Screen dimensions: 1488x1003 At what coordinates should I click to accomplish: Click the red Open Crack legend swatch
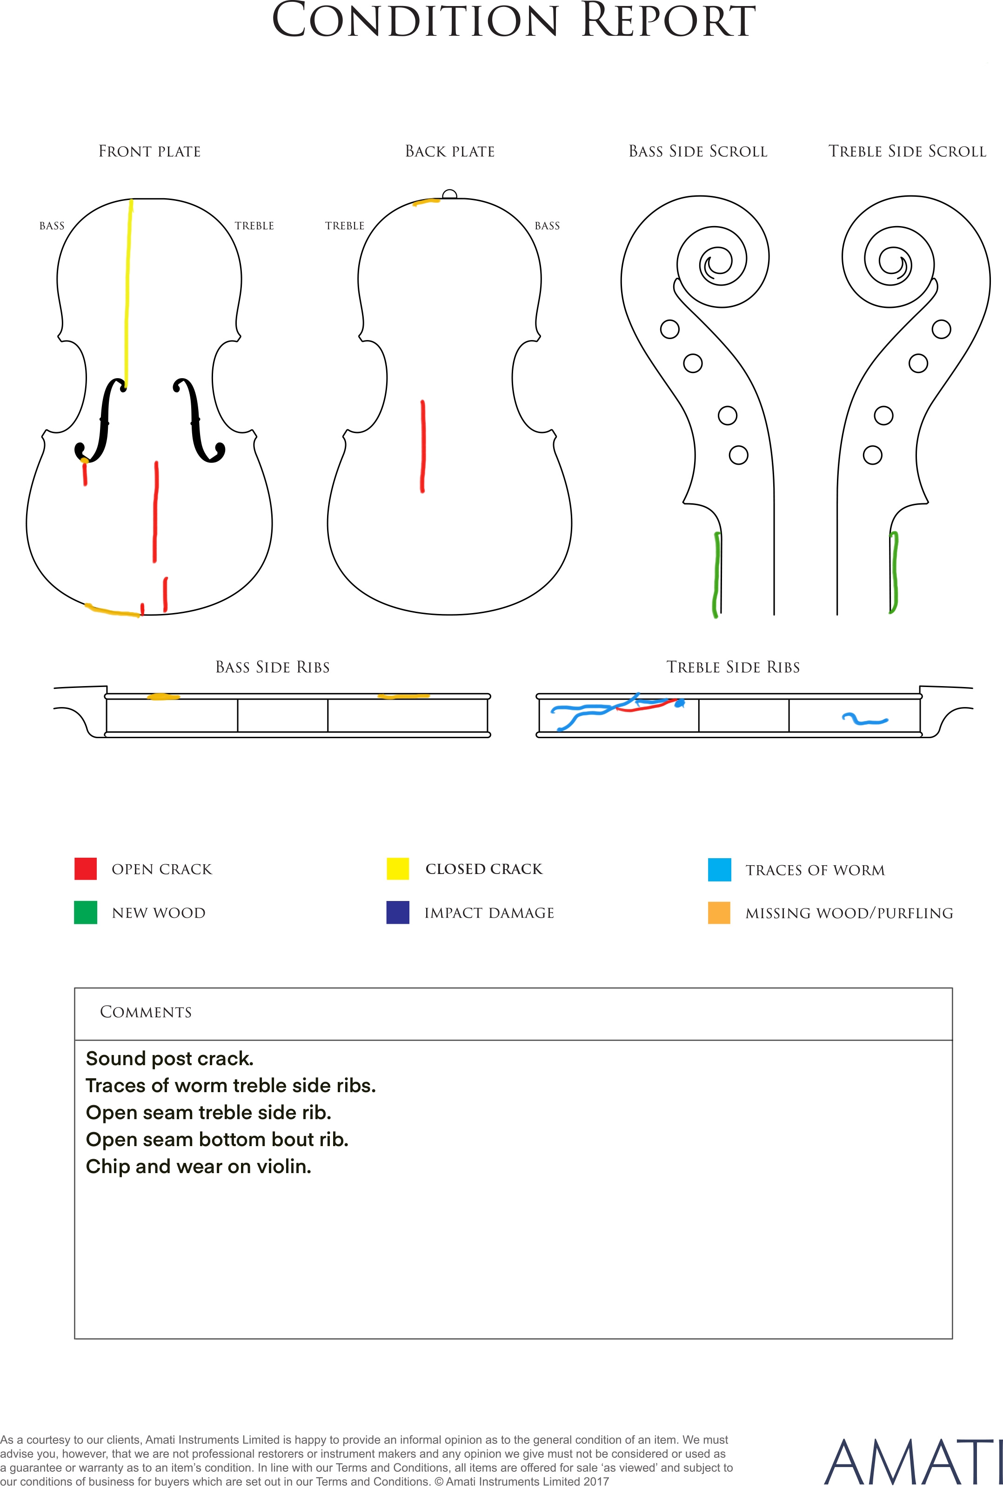(86, 868)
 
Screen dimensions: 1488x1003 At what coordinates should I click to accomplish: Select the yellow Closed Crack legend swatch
(397, 868)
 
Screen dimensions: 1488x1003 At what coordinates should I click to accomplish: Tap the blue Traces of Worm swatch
(719, 870)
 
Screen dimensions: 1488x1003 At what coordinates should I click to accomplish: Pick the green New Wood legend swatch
(86, 913)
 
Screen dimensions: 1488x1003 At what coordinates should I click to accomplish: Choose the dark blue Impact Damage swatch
(397, 913)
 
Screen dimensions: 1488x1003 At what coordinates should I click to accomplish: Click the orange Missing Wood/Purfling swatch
(719, 913)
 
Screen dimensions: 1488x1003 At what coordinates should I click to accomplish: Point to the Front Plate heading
(150, 152)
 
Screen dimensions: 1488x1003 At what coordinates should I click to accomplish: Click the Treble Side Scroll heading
(907, 152)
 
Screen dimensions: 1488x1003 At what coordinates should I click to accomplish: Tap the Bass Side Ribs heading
(273, 667)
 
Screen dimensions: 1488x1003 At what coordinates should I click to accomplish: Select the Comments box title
(146, 1012)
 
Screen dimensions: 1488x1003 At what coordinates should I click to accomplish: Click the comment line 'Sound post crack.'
(169, 1058)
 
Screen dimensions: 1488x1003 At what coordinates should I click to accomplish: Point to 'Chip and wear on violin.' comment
(198, 1167)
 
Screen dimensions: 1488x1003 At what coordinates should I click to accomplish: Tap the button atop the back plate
(450, 194)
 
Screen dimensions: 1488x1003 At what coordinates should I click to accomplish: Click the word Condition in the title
(416, 20)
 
